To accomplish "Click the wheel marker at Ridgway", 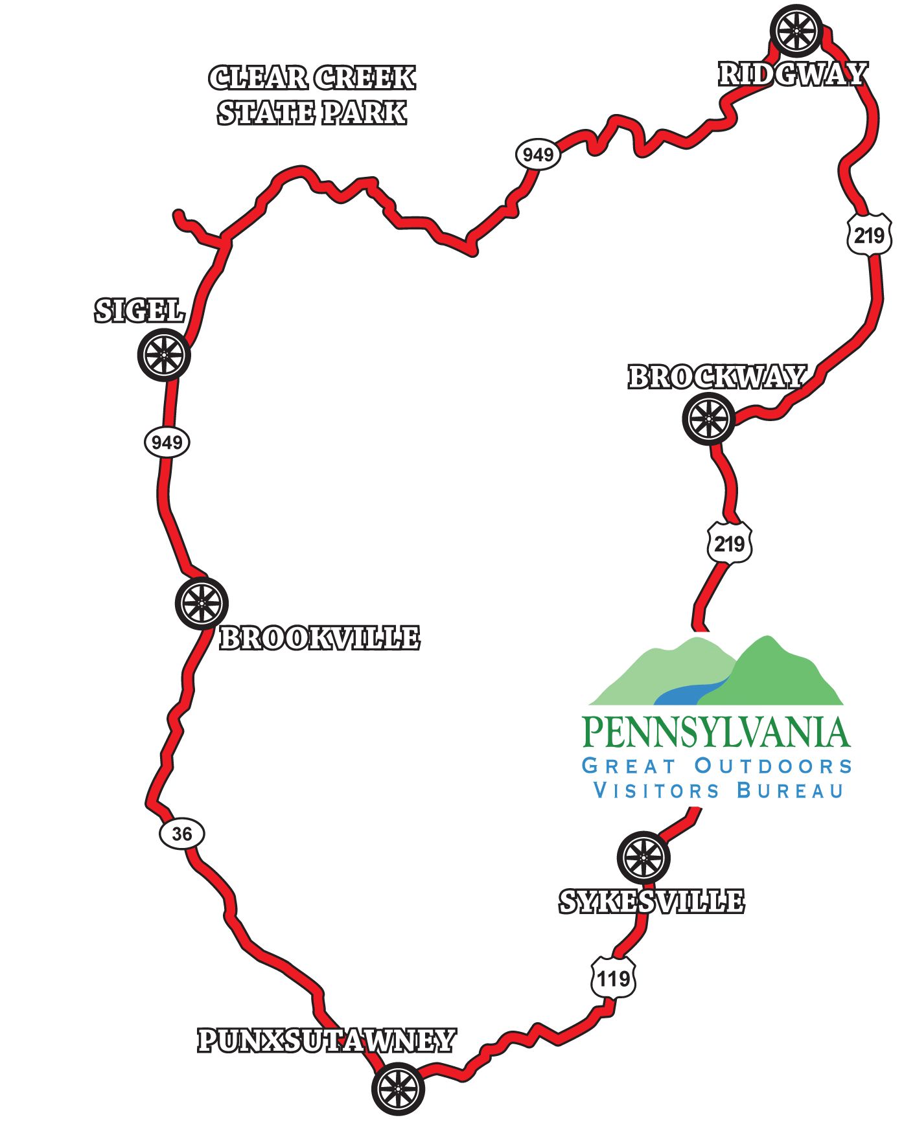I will tap(796, 30).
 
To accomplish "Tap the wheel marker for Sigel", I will tap(164, 355).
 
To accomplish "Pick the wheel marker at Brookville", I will tap(202, 603).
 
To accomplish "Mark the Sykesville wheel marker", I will tap(643, 857).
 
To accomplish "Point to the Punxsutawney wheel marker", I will tap(398, 1088).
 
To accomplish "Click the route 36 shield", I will tap(182, 834).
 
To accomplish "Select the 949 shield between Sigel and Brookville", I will tap(167, 442).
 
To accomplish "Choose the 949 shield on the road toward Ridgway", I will tap(538, 155).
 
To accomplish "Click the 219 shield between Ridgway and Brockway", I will tap(869, 235).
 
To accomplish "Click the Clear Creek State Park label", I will tap(312, 95).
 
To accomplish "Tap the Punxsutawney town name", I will tap(327, 1041).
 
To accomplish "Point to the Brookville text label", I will tap(319, 639).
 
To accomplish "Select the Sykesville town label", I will tap(651, 902).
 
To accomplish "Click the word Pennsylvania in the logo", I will tap(716, 732).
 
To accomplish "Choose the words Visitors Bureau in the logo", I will tap(719, 791).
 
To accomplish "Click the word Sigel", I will tap(140, 311).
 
